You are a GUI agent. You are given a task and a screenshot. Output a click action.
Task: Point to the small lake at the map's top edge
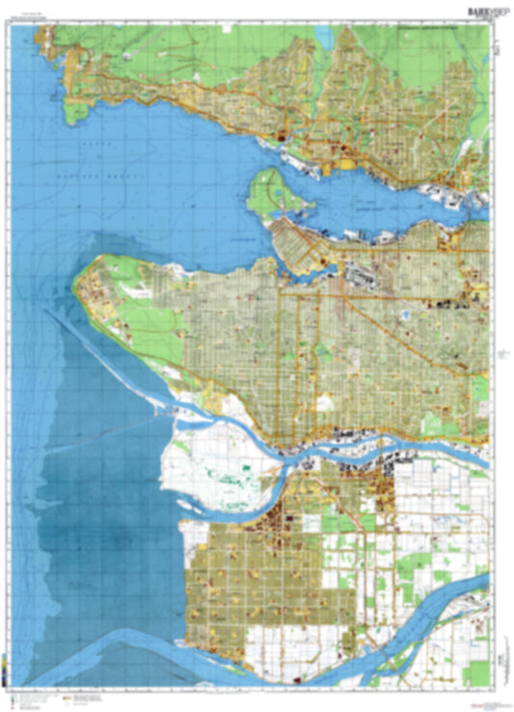322,36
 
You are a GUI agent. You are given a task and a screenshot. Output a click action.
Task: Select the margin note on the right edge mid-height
500,357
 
